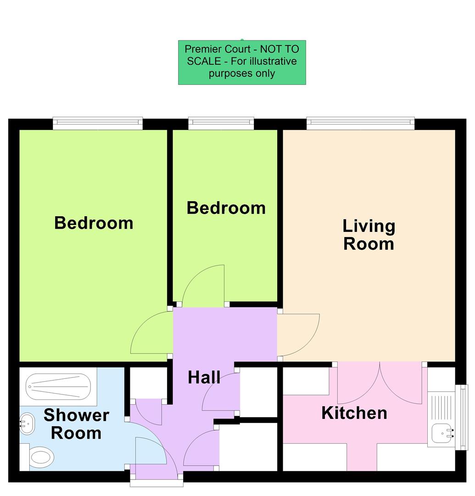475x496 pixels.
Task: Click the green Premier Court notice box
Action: tap(242, 62)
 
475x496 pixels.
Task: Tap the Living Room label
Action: tap(369, 235)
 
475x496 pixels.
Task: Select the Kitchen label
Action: tap(354, 413)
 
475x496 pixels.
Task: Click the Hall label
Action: tap(204, 378)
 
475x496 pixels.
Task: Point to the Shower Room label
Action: tap(76, 424)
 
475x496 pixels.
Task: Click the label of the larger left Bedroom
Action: tap(94, 223)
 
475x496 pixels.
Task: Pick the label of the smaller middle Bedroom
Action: tap(226, 208)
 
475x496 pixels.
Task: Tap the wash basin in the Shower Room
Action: tap(27, 423)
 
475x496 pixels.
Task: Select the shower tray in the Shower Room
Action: tap(58, 386)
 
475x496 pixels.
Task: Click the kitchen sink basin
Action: tap(441, 432)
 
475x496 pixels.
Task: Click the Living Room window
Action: tap(360, 122)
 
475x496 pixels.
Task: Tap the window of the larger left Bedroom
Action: tap(97, 122)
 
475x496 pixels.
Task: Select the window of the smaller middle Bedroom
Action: tap(221, 122)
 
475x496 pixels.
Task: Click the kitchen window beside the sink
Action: tap(464, 417)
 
